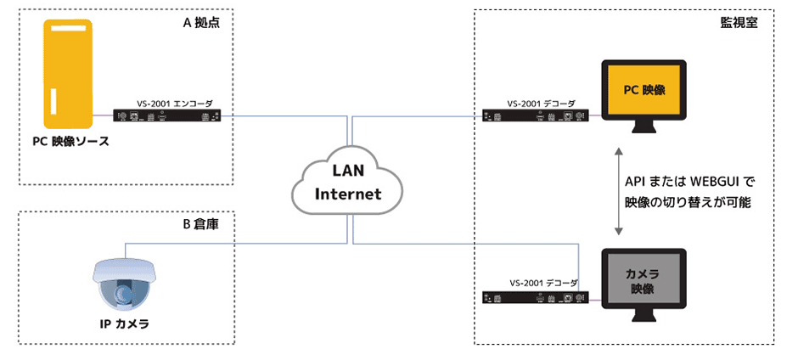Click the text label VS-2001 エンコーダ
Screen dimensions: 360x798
point(171,102)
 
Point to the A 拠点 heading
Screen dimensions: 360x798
point(201,23)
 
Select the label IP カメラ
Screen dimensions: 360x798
point(125,324)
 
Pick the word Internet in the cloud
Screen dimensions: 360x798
point(348,194)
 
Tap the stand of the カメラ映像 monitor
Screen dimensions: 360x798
point(643,318)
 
